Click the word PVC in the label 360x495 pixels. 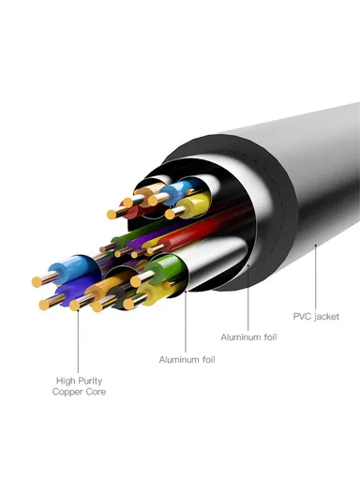(301, 316)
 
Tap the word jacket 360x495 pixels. (326, 317)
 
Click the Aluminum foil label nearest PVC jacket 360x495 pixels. (247, 336)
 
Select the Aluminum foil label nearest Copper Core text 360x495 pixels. (185, 359)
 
